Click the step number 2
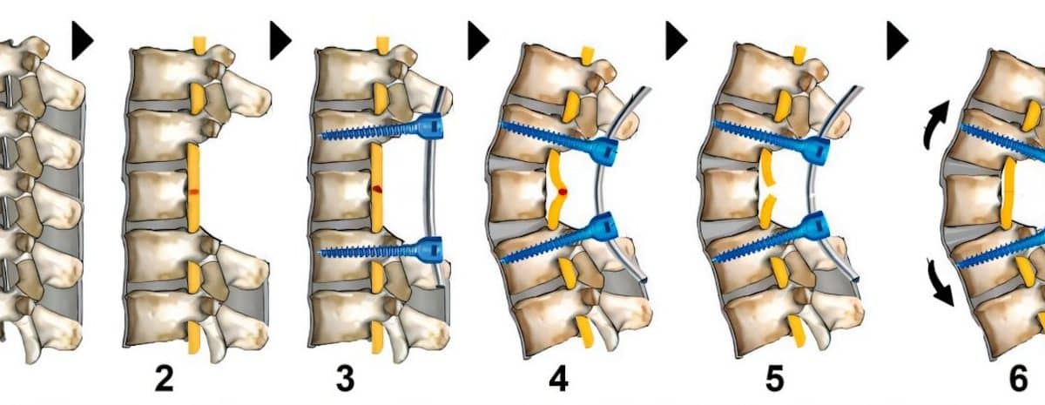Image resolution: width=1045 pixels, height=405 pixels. tap(164, 379)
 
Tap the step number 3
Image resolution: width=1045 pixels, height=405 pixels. tap(345, 379)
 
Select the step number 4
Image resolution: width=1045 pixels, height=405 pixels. tap(558, 379)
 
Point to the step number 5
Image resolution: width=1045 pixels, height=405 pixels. tap(774, 379)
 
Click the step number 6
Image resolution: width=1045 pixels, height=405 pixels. tap(1018, 379)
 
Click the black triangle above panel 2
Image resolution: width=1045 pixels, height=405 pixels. tap(82, 41)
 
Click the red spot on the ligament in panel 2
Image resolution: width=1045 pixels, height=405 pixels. tap(194, 192)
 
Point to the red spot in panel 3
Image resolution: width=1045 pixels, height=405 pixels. tap(377, 189)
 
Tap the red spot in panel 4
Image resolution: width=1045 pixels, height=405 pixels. tap(563, 192)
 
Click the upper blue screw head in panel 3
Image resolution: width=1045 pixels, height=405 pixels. tap(429, 126)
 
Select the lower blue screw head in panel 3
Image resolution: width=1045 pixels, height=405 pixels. tap(429, 250)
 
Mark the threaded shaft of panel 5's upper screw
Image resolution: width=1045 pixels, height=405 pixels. tap(759, 132)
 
